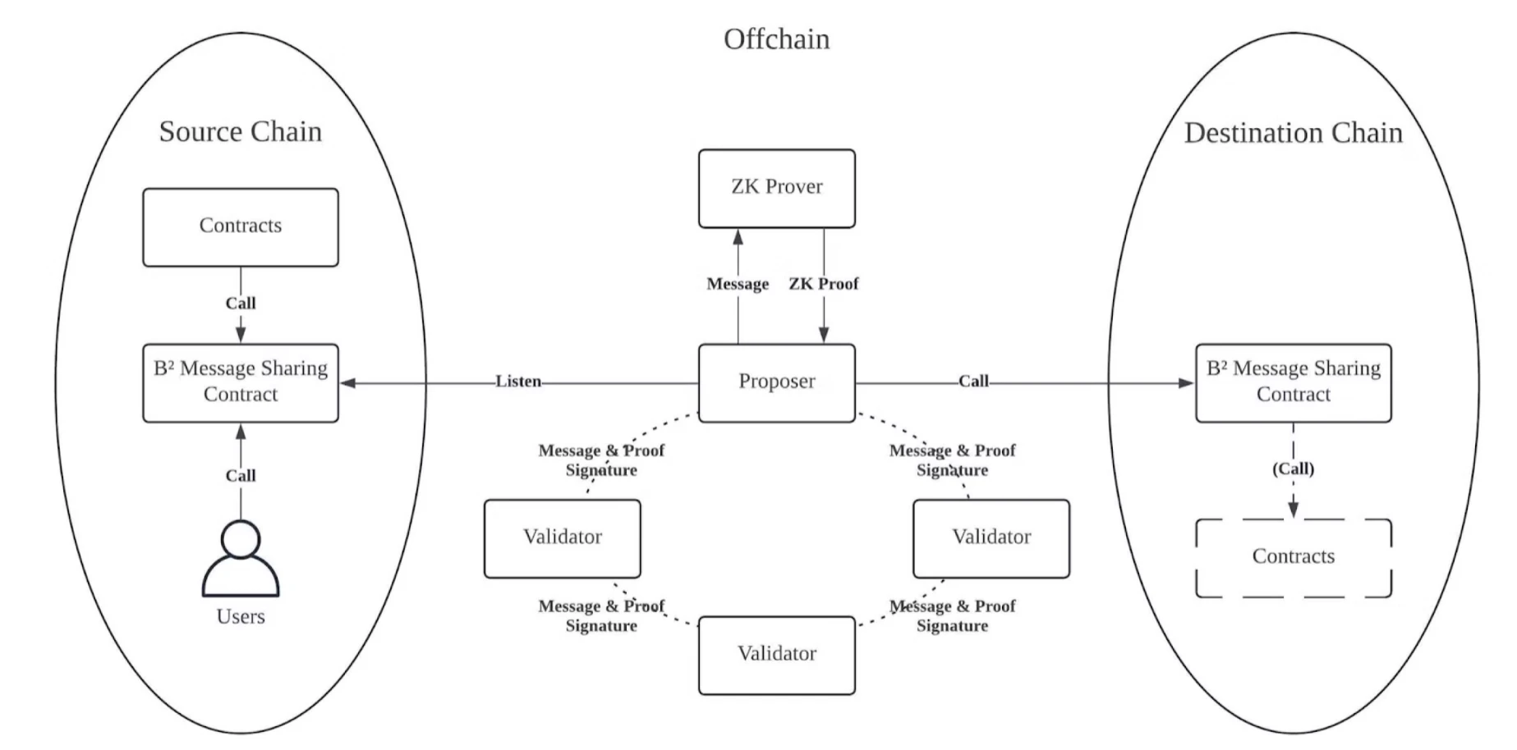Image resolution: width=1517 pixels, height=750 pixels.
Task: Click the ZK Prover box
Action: click(776, 188)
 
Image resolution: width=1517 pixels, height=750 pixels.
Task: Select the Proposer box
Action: click(776, 382)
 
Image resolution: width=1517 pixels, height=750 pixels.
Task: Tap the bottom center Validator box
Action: click(776, 655)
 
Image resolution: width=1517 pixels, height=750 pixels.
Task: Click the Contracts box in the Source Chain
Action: click(240, 226)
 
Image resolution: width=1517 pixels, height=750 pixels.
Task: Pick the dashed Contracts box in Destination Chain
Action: click(1293, 557)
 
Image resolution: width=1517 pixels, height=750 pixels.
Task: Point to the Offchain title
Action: click(776, 39)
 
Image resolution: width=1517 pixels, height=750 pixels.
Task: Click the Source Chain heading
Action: click(240, 131)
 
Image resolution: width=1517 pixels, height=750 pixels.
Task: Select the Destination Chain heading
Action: click(1293, 133)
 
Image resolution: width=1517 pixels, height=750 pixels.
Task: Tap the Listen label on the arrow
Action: click(518, 382)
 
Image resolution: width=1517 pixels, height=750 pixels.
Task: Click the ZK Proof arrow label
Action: click(823, 284)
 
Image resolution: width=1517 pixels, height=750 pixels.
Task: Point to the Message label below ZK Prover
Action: click(738, 284)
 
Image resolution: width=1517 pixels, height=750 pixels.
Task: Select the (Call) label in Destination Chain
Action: click(1293, 469)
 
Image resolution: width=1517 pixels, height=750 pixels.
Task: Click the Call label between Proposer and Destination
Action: click(973, 382)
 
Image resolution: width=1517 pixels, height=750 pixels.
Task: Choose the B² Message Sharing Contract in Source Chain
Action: click(240, 382)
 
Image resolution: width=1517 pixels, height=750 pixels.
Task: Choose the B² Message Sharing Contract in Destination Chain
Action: click(1293, 382)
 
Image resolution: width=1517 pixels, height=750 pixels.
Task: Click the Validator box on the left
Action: click(562, 538)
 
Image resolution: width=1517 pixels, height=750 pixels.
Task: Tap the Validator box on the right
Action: click(991, 538)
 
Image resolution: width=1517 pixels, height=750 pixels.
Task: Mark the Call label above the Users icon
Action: click(241, 476)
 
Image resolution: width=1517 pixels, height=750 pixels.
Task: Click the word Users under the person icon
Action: click(241, 617)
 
